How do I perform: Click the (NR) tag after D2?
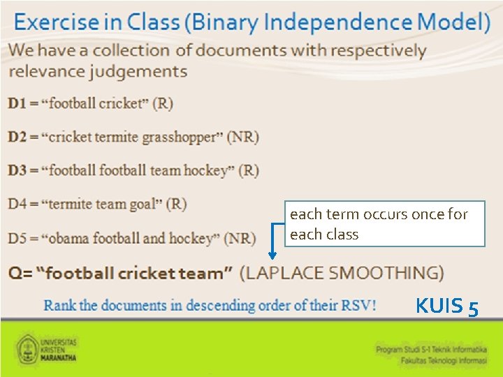[x=242, y=137]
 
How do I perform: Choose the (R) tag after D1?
[x=163, y=103]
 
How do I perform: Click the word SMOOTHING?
[x=384, y=272]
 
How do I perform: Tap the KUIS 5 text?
[x=447, y=306]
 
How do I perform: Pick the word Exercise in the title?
[x=57, y=22]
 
